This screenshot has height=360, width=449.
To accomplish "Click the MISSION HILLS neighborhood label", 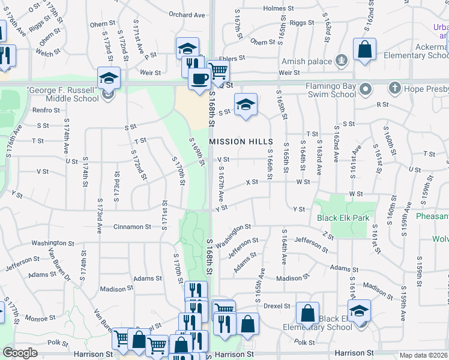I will click(x=244, y=142).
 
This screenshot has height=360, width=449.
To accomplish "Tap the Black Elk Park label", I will click(x=344, y=218).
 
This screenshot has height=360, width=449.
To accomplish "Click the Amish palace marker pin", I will click(x=342, y=60).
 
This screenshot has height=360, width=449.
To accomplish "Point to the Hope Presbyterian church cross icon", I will click(x=394, y=88).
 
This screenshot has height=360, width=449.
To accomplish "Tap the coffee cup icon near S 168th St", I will click(x=199, y=77).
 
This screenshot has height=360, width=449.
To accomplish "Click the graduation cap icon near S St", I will click(x=245, y=104).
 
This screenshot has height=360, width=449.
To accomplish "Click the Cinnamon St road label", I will click(x=133, y=227).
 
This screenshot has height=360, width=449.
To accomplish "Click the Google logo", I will click(x=20, y=353).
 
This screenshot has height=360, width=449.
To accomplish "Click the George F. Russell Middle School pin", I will click(x=108, y=94).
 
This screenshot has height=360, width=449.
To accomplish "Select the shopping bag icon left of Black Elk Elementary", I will click(x=307, y=313).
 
